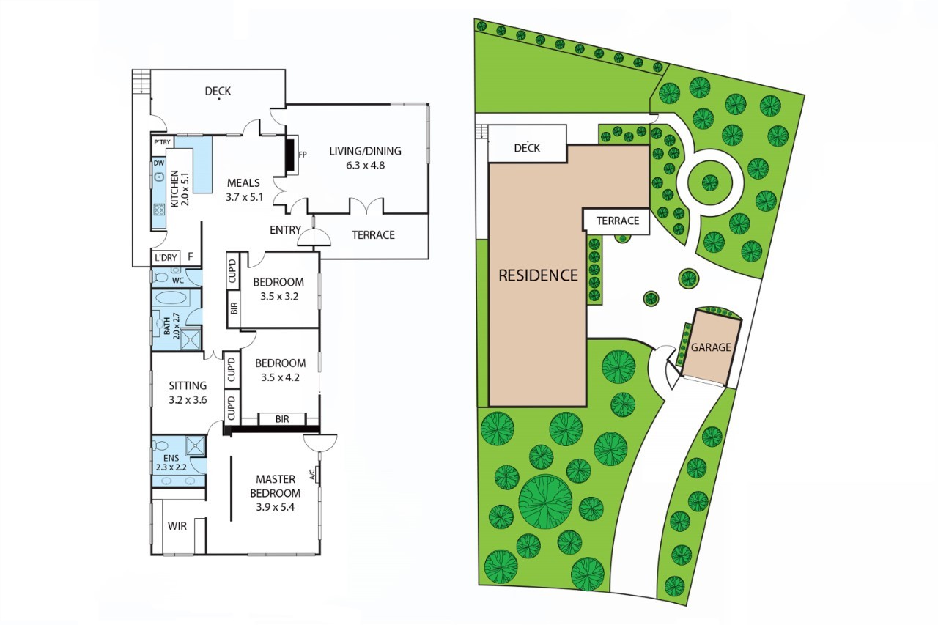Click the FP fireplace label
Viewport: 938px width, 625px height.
click(303, 155)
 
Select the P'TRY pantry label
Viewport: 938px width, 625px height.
click(162, 142)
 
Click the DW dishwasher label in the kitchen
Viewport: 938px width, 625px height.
click(159, 163)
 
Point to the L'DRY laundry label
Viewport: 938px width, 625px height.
click(166, 257)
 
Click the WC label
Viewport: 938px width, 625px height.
click(178, 281)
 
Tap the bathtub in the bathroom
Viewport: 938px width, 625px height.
click(171, 298)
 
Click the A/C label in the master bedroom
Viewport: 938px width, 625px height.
click(312, 474)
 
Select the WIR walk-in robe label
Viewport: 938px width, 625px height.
click(177, 526)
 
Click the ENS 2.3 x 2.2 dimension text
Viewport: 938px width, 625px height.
click(171, 467)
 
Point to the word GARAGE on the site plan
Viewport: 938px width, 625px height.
click(711, 347)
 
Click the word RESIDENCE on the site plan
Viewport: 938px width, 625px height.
click(538, 275)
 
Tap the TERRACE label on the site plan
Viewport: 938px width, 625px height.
click(618, 221)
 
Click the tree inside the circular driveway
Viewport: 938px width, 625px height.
click(710, 182)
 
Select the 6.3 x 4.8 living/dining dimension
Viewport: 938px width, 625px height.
click(365, 166)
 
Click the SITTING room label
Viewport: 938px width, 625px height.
click(188, 385)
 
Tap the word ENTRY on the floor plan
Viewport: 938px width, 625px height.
click(285, 230)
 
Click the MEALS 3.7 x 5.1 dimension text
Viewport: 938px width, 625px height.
click(244, 197)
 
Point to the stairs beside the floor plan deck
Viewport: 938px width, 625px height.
click(141, 81)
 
